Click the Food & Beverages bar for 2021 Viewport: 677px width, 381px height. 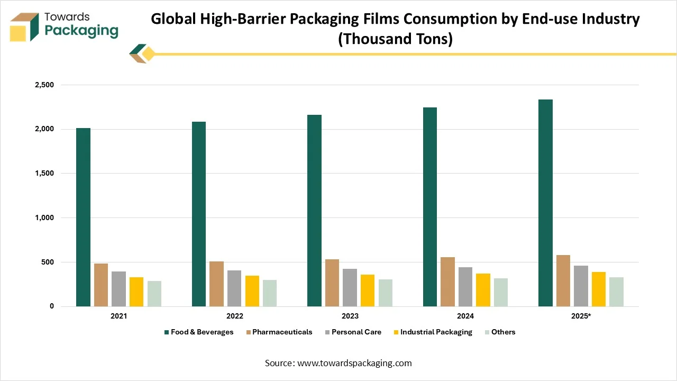tap(83, 217)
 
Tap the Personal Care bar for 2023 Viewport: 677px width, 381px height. tap(350, 287)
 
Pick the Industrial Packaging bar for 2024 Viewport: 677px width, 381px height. tap(483, 290)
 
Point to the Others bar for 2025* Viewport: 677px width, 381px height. tap(616, 292)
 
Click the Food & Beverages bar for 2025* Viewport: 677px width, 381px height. tap(545, 203)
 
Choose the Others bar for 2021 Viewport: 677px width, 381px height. tap(154, 294)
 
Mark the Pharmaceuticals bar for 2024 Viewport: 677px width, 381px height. tap(447, 282)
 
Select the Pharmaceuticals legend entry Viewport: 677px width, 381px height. tap(282, 332)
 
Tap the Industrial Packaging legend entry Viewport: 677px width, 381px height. tap(436, 332)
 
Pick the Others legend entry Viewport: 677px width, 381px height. tap(503, 332)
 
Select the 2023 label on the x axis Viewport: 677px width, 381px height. tap(350, 316)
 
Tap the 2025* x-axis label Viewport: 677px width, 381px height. tap(581, 316)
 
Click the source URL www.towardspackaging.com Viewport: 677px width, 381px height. tap(354, 363)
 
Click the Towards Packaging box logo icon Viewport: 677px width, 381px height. tap(25, 27)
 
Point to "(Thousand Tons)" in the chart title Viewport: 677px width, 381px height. tap(395, 40)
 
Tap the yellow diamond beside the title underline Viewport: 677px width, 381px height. tap(148, 54)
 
